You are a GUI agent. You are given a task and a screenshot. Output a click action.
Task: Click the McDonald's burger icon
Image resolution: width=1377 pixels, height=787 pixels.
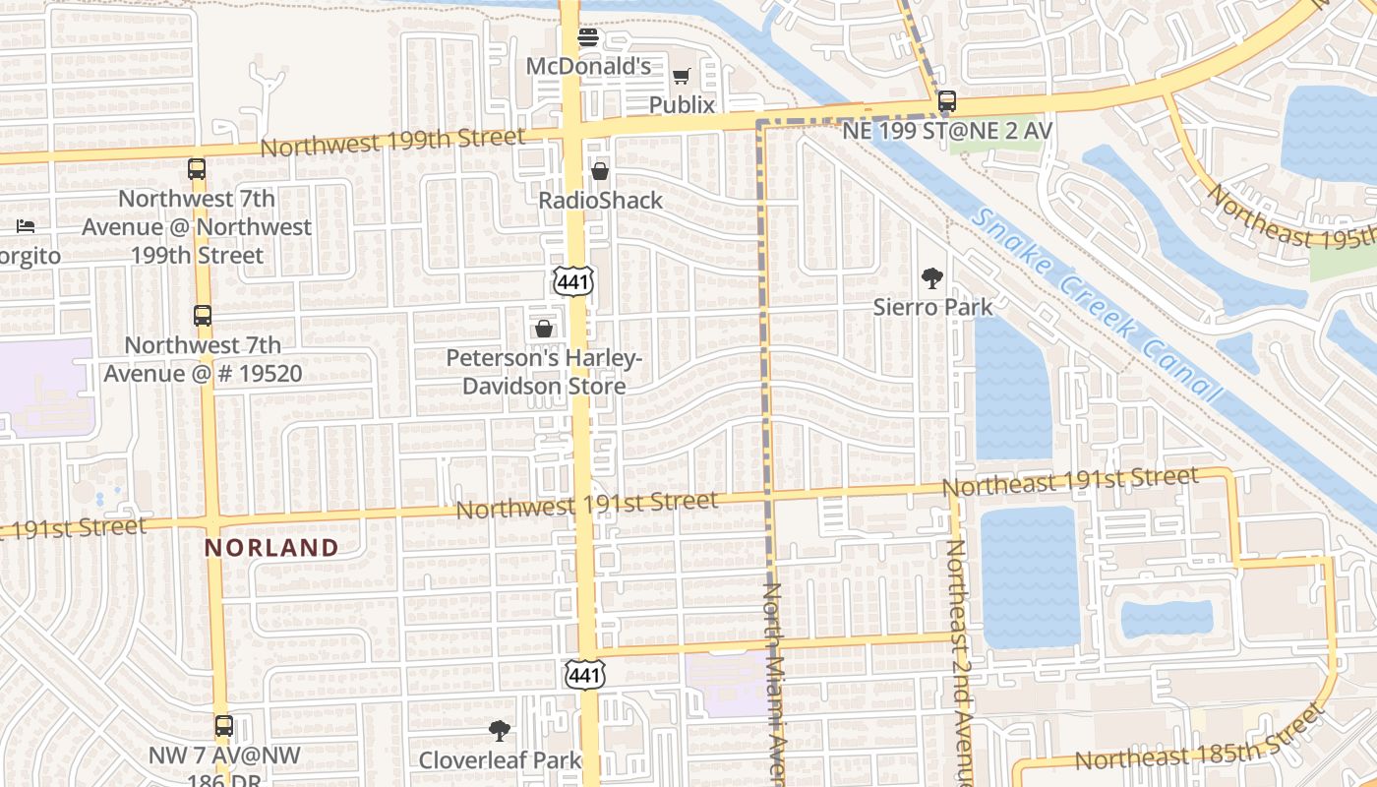pyautogui.click(x=588, y=38)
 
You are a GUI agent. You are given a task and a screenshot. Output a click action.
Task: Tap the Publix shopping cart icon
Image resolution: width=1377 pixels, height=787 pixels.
pyautogui.click(x=681, y=76)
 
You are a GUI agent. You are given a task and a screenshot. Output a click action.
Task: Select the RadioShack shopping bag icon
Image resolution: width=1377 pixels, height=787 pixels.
pyautogui.click(x=600, y=172)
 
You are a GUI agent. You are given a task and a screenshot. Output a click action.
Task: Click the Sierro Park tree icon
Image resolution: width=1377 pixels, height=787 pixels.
pyautogui.click(x=931, y=278)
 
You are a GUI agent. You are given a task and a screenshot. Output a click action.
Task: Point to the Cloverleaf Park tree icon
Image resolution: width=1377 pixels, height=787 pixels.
pyautogui.click(x=500, y=731)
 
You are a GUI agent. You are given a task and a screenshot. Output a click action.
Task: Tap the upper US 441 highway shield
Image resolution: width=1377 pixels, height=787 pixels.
pyautogui.click(x=573, y=280)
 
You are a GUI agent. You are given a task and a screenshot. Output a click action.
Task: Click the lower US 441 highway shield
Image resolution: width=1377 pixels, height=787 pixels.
pyautogui.click(x=584, y=674)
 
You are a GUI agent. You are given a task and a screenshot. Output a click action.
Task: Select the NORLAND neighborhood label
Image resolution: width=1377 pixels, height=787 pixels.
pyautogui.click(x=271, y=548)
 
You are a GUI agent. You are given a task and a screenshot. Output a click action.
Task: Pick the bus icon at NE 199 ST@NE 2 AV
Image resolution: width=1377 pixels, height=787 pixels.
pyautogui.click(x=946, y=101)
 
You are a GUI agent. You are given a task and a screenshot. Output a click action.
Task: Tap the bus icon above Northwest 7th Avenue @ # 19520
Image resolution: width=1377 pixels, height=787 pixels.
pyautogui.click(x=203, y=316)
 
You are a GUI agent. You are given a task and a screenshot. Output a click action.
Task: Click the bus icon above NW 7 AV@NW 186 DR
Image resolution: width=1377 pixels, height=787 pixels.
pyautogui.click(x=224, y=727)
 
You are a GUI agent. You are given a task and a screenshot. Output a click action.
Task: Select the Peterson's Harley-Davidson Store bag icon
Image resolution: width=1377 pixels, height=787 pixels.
pyautogui.click(x=543, y=329)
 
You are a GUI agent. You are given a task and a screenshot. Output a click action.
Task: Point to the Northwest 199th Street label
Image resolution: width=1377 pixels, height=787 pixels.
pyautogui.click(x=393, y=144)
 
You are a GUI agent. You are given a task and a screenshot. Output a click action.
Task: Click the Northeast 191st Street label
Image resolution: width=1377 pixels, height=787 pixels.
pyautogui.click(x=1070, y=482)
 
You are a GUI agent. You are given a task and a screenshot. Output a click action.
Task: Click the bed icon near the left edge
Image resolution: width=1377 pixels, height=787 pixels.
pyautogui.click(x=26, y=226)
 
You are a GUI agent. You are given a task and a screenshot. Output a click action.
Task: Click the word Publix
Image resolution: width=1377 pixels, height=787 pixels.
pyautogui.click(x=682, y=104)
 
